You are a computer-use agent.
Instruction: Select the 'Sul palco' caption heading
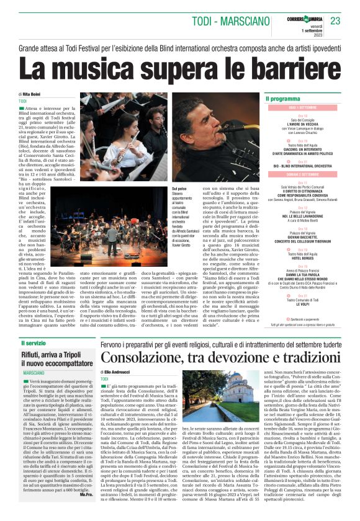click(x=179, y=187)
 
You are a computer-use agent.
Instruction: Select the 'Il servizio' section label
click(x=35, y=342)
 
